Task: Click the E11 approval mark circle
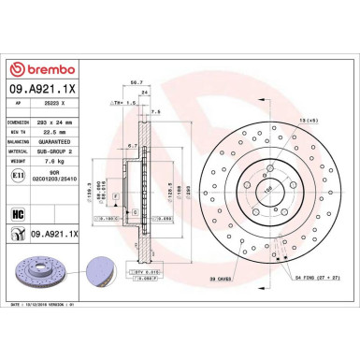pos(19,174)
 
